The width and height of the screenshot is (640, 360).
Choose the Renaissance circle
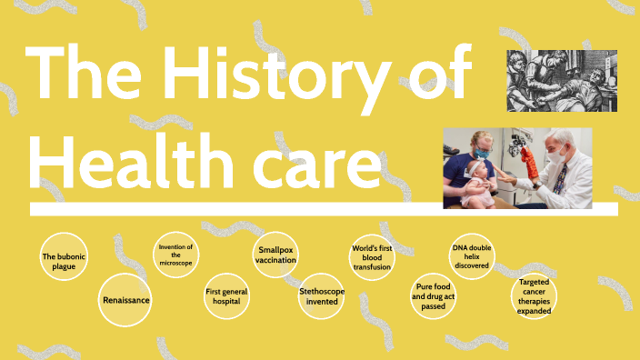point(125,299)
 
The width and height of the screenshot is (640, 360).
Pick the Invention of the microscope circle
point(175,256)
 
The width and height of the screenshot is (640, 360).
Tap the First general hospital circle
point(226,296)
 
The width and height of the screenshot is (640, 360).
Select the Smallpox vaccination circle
point(276,255)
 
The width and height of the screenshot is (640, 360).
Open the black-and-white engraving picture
point(561,81)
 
